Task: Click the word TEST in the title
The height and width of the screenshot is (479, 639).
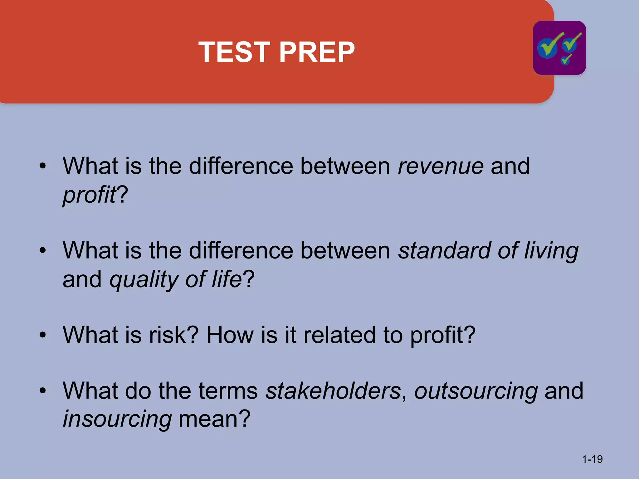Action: (234, 52)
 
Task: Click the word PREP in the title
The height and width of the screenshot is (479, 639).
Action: (317, 52)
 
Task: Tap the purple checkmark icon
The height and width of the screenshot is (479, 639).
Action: (559, 48)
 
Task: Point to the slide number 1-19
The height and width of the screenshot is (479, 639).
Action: (592, 459)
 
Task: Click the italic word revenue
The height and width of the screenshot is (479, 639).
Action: (441, 166)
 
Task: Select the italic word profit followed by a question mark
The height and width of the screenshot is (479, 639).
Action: (90, 195)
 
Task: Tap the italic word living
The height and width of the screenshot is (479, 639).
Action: (551, 251)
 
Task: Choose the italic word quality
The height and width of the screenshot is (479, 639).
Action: (144, 279)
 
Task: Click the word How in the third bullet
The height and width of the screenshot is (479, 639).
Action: (230, 335)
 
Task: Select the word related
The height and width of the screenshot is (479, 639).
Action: (339, 335)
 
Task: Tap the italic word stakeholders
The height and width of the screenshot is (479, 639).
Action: (333, 390)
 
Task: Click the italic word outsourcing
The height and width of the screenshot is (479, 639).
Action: (476, 391)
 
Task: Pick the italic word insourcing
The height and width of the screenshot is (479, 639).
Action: (117, 419)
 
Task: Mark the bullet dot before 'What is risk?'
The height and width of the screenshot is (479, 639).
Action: (43, 335)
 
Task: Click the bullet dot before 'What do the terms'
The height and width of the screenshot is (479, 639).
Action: (43, 390)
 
